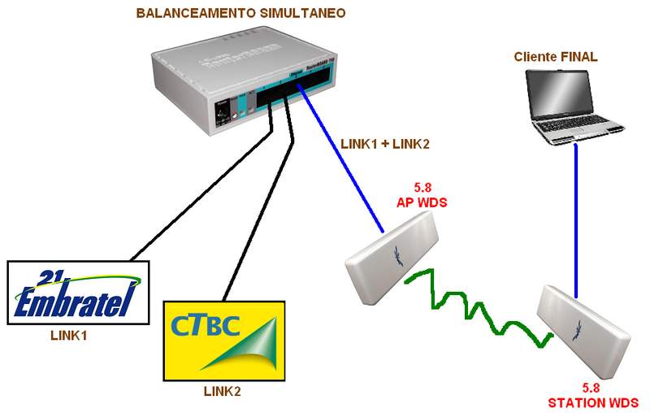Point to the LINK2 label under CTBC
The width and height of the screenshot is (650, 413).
(x=223, y=391)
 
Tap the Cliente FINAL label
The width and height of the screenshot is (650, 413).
(x=556, y=57)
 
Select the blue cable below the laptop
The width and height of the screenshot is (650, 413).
(x=576, y=220)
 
